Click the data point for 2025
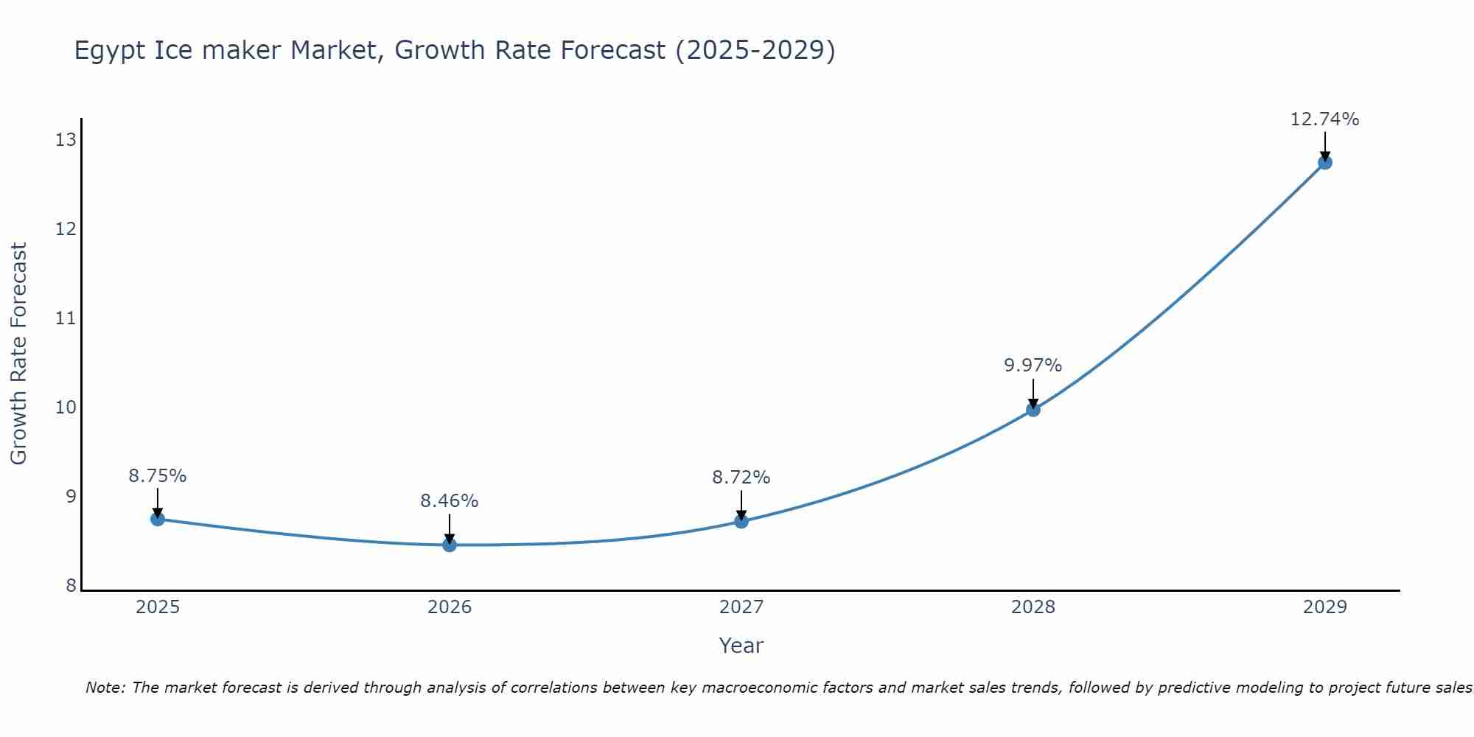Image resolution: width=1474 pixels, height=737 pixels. [158, 519]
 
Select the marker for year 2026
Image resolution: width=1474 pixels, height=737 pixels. [450, 545]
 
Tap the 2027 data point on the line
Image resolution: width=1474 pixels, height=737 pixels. [741, 521]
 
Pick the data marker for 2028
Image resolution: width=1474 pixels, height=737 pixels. [1033, 410]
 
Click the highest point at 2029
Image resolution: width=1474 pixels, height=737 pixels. [1324, 162]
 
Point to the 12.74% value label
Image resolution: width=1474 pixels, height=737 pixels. [1324, 119]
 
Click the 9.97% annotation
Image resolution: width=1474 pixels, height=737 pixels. [1033, 366]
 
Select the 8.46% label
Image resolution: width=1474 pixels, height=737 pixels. [449, 501]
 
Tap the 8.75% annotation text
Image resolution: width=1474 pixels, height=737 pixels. [158, 476]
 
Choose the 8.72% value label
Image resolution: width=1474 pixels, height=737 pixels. [741, 478]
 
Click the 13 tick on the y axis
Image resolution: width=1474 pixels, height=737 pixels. [66, 139]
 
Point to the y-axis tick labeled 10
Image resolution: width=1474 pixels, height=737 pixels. [66, 407]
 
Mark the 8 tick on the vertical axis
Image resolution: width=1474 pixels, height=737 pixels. [71, 585]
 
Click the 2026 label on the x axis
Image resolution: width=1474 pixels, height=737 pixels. [450, 607]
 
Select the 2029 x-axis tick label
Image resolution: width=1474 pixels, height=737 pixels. [1324, 607]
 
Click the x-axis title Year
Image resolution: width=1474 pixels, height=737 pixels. [741, 646]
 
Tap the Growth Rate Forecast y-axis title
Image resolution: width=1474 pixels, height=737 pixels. [18, 354]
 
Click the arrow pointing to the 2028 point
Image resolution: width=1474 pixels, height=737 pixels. [1033, 392]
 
